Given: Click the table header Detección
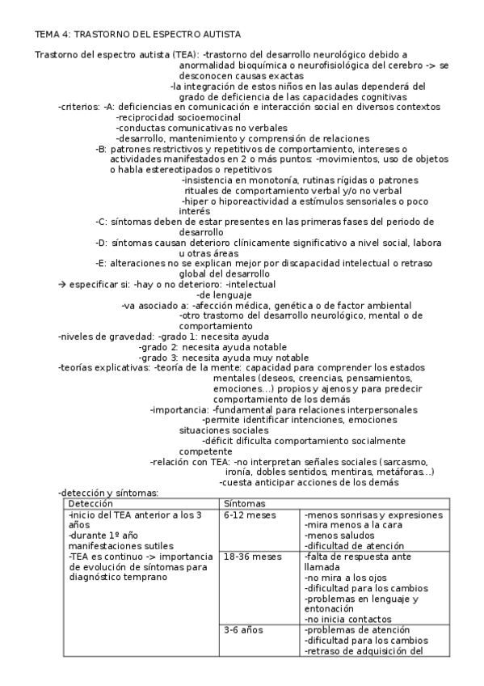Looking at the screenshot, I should pos(91,504).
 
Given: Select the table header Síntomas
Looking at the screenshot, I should pos(242,504).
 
